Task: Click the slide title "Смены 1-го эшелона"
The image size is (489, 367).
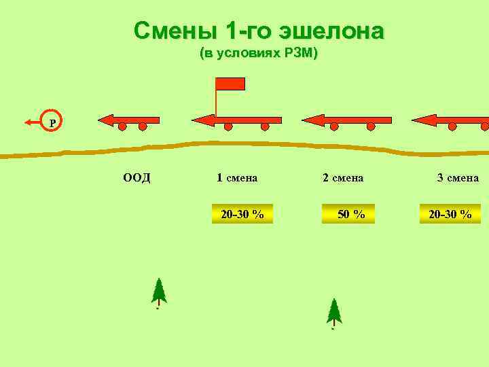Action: (x=259, y=31)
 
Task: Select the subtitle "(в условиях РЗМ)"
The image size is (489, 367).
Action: (x=259, y=54)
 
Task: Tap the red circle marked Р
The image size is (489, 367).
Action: (x=52, y=122)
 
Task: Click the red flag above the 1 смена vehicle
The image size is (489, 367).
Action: (x=230, y=84)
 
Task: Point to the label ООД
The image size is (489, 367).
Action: (x=137, y=178)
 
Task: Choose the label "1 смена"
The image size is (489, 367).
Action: (x=236, y=178)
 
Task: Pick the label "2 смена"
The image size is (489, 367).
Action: (x=343, y=178)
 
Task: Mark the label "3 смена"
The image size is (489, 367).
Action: (x=458, y=178)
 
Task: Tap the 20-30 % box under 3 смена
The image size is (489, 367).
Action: (x=450, y=214)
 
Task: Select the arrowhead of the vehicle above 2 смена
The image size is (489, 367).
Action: (x=311, y=120)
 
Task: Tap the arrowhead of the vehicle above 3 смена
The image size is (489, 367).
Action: (x=421, y=120)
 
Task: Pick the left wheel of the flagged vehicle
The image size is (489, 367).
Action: (x=228, y=127)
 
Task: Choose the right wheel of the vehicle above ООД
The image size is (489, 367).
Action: (x=143, y=127)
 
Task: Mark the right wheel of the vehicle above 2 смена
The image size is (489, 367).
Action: (x=371, y=127)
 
